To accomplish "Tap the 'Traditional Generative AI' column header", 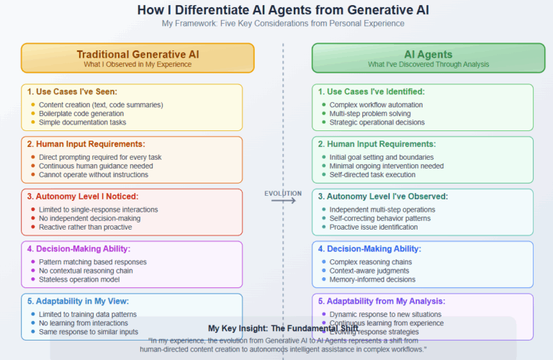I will click(x=138, y=54).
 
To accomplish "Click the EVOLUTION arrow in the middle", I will click(x=283, y=201).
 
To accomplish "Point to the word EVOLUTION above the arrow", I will click(x=283, y=193).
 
